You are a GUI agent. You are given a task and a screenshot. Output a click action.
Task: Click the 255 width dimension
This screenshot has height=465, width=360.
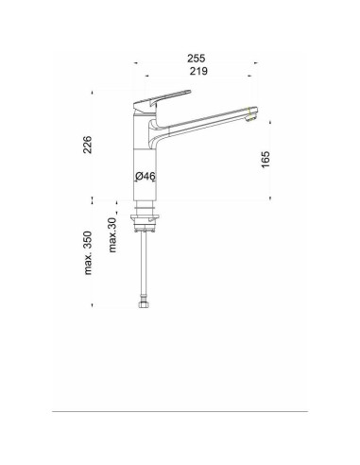coord(197,59)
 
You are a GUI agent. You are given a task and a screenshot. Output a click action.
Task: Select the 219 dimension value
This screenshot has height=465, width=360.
coord(198,71)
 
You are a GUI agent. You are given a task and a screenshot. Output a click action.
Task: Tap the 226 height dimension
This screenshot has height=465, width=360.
coord(87,145)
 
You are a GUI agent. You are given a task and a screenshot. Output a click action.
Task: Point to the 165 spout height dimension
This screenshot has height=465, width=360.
coord(266,160)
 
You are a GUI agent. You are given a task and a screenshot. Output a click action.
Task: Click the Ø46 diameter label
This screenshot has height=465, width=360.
coord(146,177)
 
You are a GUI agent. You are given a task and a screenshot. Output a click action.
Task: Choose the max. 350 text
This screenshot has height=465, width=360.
coord(88,253)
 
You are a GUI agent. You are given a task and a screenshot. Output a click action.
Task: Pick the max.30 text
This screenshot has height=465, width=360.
coord(112,235)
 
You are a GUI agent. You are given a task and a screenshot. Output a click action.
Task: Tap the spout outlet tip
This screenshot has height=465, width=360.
coord(252,114)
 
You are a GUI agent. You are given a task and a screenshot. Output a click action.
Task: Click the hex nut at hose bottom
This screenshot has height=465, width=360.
coord(144,304)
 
